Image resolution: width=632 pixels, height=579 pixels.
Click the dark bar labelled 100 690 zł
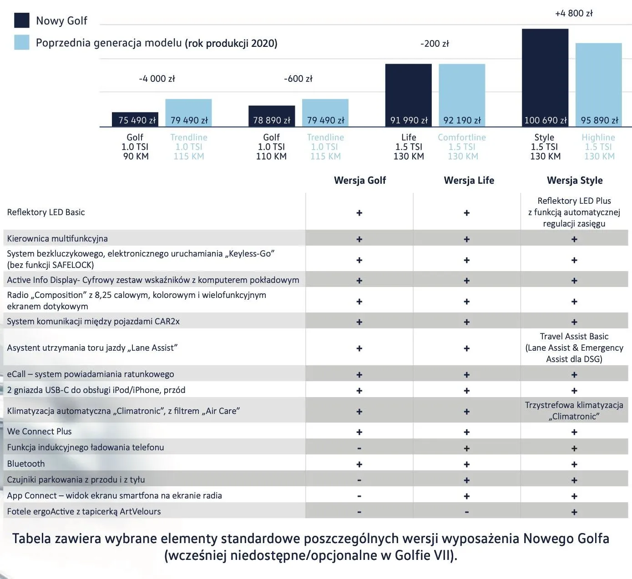(x=545, y=77)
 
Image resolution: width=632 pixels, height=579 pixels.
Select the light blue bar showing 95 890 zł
(x=598, y=85)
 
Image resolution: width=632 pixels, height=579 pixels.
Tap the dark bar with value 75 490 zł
(x=135, y=119)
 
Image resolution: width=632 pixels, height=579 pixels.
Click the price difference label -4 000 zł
(x=157, y=79)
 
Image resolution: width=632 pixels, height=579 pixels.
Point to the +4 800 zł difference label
(x=574, y=13)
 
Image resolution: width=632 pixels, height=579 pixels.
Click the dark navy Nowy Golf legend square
(x=22, y=20)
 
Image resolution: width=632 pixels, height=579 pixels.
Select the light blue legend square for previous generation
(x=22, y=42)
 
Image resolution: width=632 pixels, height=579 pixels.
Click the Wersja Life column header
(x=469, y=181)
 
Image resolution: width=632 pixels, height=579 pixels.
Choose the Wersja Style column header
(x=575, y=181)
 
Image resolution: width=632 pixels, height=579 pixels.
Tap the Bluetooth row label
(x=26, y=463)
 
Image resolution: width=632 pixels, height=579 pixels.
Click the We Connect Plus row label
(x=39, y=431)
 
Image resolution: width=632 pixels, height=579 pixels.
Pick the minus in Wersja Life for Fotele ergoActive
(x=467, y=512)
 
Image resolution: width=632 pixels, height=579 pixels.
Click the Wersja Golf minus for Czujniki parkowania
(x=359, y=480)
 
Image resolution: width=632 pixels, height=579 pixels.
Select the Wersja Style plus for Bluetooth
(x=574, y=464)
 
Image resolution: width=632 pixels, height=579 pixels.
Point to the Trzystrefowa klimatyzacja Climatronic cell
(x=574, y=411)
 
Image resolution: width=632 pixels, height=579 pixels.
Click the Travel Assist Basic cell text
(x=574, y=347)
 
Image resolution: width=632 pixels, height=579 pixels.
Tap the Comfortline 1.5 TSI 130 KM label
(x=462, y=146)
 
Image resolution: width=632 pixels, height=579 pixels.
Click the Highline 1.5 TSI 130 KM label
(x=598, y=146)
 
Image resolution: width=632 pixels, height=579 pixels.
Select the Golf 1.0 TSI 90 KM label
(x=135, y=146)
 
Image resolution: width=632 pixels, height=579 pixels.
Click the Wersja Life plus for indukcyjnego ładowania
(x=467, y=448)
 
